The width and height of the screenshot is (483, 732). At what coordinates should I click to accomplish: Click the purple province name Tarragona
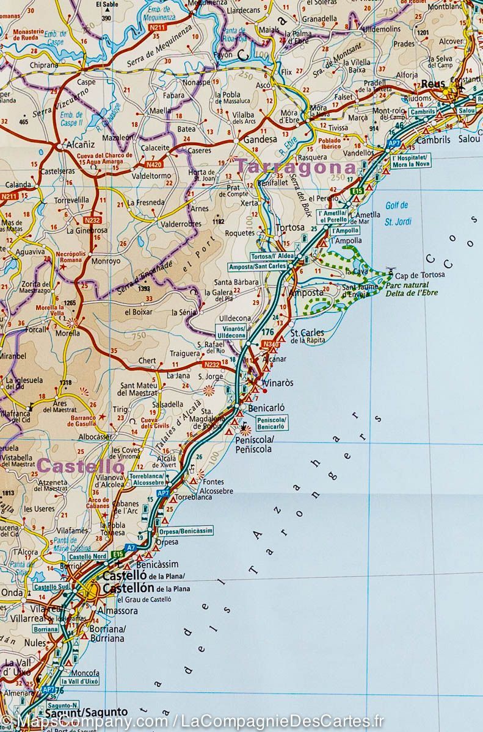[x=296, y=167]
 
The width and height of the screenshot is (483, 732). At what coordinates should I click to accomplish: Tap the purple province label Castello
[x=81, y=466]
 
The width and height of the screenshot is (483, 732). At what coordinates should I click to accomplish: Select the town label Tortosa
[x=289, y=228]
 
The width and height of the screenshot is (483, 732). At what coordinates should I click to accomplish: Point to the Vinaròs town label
[x=277, y=383]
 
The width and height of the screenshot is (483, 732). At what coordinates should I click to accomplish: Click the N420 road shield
[x=154, y=165]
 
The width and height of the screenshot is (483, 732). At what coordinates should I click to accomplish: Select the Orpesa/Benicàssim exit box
[x=187, y=531]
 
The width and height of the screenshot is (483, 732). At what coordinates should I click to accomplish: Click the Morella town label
[x=68, y=333]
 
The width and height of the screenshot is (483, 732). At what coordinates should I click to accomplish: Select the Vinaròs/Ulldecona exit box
[x=231, y=332]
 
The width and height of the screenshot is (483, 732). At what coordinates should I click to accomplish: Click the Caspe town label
[x=86, y=82]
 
